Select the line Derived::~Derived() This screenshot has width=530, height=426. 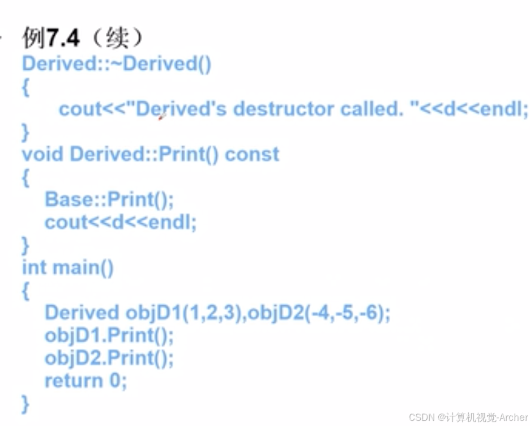[x=117, y=63]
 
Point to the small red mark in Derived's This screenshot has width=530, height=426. [x=162, y=117]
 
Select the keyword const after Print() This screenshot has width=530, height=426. [x=252, y=154]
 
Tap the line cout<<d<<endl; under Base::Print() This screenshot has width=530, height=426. [x=121, y=222]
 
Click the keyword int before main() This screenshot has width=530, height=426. [x=34, y=267]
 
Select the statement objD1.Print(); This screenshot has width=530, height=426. [x=109, y=335]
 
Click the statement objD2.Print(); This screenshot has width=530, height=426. [x=109, y=358]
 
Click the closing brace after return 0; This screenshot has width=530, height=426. [x=25, y=403]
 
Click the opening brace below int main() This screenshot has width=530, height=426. [x=25, y=290]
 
